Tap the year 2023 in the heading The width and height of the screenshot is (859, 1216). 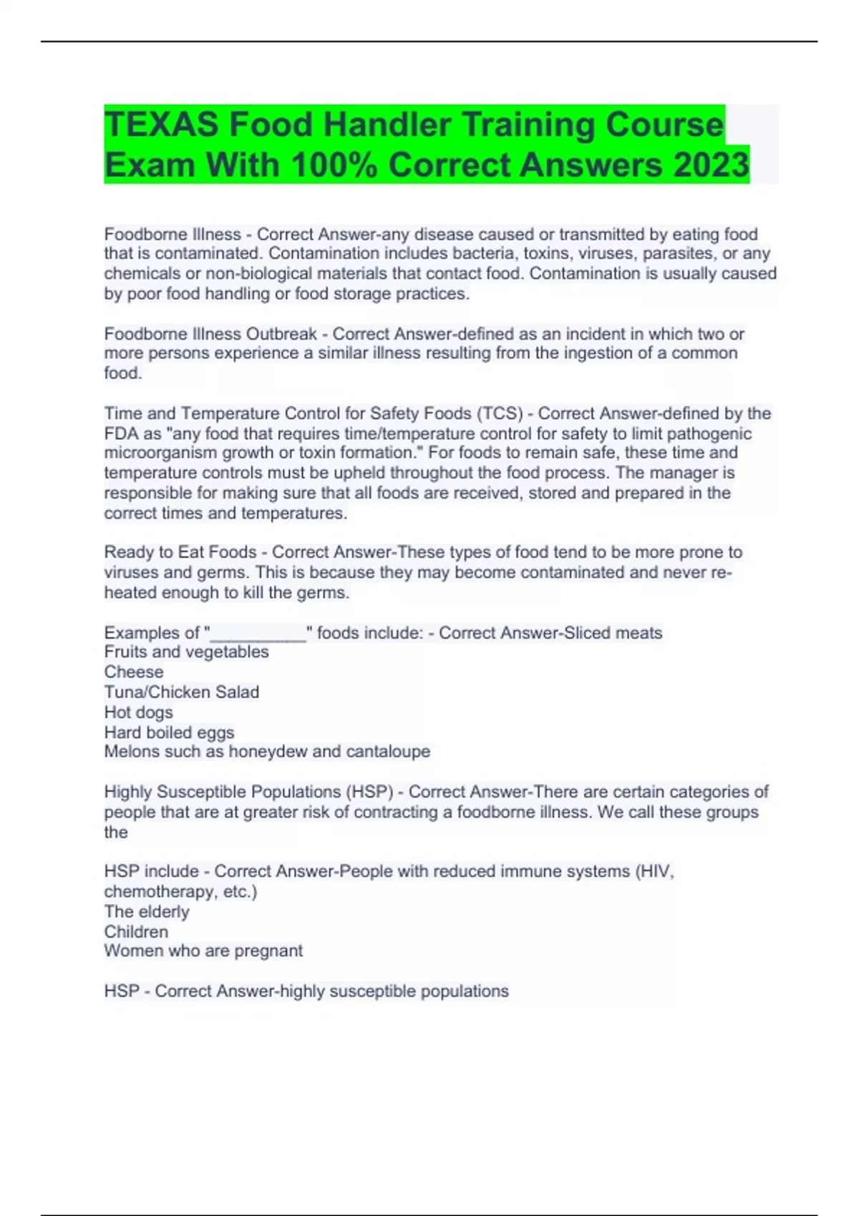point(710,165)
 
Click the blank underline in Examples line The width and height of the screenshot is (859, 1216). point(258,634)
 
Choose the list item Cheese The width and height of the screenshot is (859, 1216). point(134,672)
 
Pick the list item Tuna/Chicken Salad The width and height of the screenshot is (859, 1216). point(182,692)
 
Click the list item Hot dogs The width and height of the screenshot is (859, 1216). point(139,712)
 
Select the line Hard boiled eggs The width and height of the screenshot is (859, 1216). point(169,732)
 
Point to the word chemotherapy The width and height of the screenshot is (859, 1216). point(158,892)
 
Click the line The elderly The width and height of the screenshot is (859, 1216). point(147,912)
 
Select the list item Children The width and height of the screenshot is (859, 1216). point(136,932)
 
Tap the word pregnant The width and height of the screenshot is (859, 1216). point(273,951)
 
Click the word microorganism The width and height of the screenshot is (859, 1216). point(160,453)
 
